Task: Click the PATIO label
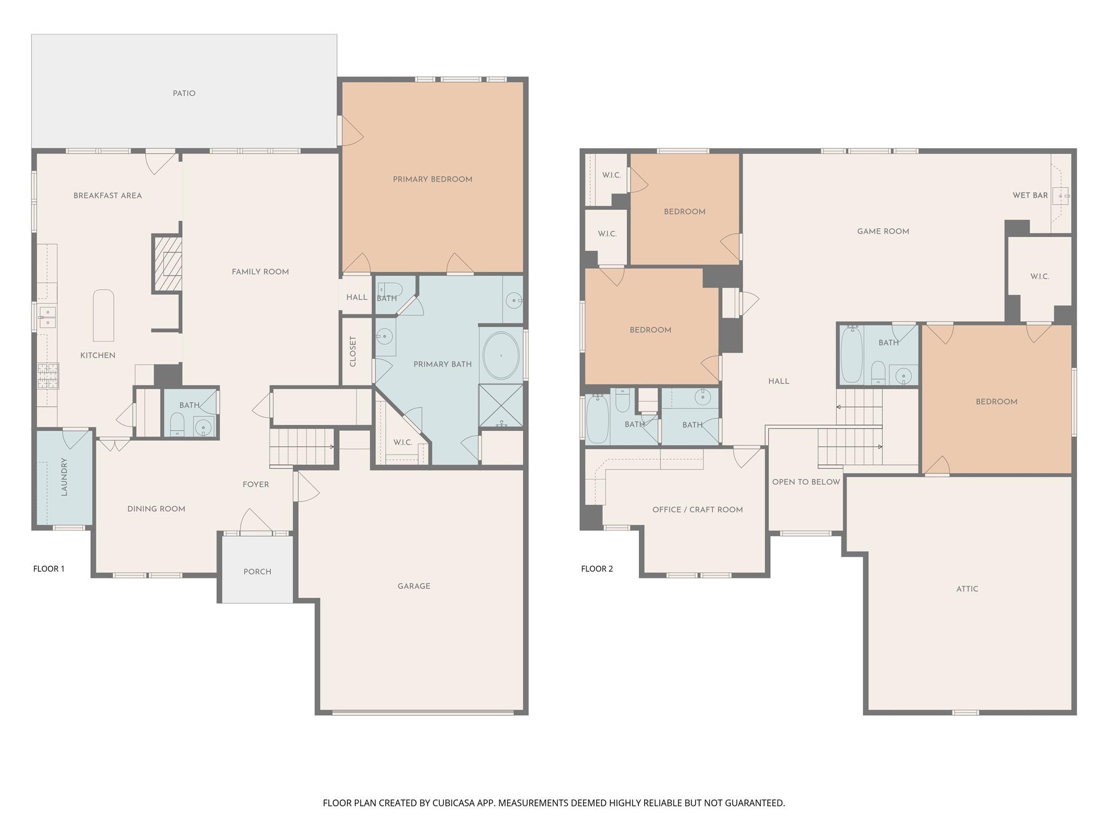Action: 184,94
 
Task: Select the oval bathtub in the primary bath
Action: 501,355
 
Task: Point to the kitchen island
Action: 103,315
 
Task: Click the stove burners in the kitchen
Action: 48,376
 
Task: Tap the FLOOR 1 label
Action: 49,569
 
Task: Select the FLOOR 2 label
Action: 597,569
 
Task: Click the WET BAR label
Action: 1030,195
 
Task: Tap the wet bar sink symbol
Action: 1060,195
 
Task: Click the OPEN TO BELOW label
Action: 806,482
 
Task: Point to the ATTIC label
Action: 967,589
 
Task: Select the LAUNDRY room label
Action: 64,477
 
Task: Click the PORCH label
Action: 257,572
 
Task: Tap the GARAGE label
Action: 414,586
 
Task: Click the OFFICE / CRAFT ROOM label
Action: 697,510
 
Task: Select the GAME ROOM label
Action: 883,232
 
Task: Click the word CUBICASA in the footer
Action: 453,803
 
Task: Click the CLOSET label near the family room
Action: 353,352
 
